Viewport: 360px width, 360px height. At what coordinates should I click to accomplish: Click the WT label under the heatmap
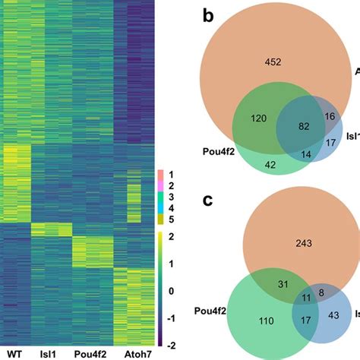click(15, 353)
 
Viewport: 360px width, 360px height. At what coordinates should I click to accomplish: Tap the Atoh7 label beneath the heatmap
click(131, 353)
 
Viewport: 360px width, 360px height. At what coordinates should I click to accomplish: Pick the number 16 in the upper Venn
click(330, 115)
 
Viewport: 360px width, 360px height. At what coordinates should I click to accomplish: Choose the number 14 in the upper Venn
click(308, 155)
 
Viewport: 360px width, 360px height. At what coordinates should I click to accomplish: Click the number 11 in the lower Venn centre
click(307, 298)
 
